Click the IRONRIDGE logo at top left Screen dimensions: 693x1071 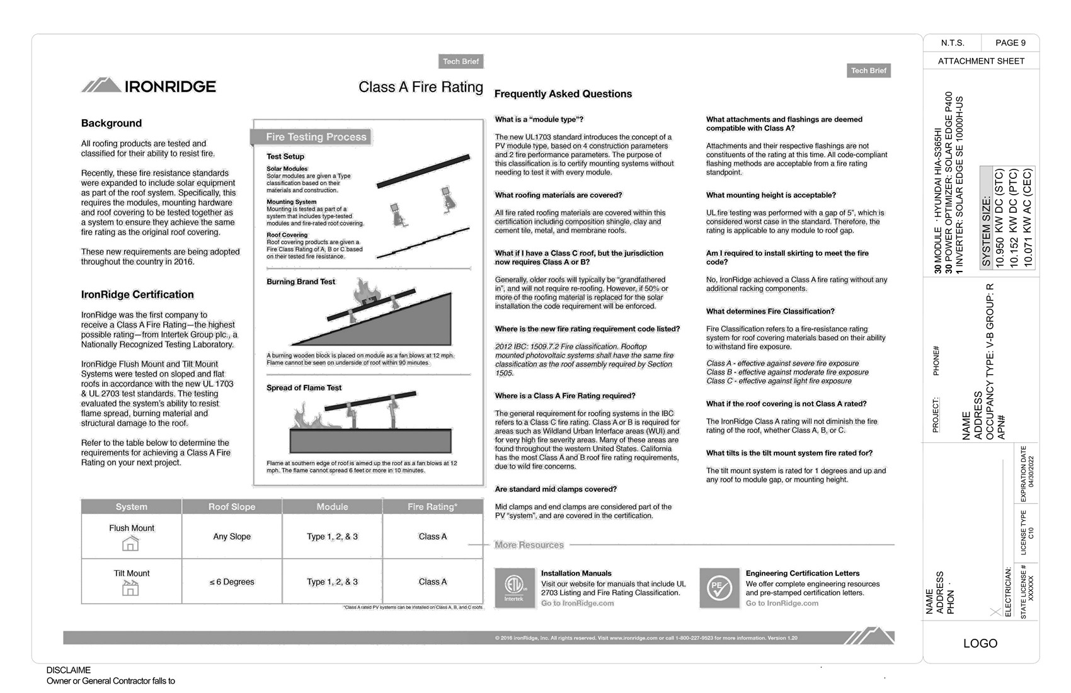(149, 86)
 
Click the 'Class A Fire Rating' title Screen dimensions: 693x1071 (420, 87)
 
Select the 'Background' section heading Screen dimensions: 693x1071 (112, 123)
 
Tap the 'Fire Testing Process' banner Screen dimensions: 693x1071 (316, 137)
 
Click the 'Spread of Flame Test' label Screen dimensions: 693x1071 (304, 388)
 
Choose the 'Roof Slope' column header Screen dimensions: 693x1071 (232, 507)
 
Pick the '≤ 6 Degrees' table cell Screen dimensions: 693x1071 (232, 582)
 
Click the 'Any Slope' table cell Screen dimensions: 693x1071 (232, 537)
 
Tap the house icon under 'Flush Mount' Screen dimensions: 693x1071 (130, 543)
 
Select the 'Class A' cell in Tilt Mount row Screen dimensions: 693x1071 (433, 582)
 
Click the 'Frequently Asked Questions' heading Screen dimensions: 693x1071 (563, 94)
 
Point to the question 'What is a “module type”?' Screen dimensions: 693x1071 (539, 120)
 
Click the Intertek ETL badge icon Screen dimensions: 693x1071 (514, 588)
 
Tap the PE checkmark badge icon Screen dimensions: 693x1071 (719, 588)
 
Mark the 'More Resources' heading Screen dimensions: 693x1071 (529, 545)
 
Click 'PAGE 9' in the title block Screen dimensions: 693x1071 (1010, 43)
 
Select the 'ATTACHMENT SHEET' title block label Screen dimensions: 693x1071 (981, 61)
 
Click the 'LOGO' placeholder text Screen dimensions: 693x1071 (980, 643)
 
